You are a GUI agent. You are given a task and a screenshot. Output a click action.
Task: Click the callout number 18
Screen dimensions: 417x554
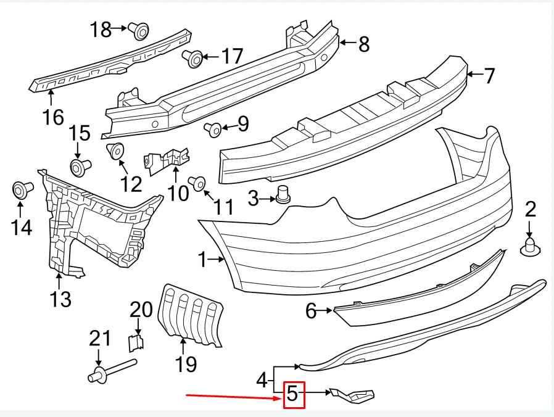pyautogui.click(x=101, y=28)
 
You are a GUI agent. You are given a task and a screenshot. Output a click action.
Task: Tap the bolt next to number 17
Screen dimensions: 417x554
pyautogui.click(x=192, y=59)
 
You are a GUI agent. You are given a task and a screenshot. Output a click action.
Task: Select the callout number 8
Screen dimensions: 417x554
pyautogui.click(x=363, y=43)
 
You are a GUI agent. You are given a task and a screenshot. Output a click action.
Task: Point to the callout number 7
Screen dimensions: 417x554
pyautogui.click(x=489, y=76)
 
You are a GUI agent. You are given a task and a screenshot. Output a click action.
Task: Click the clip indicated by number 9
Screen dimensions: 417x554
pyautogui.click(x=214, y=128)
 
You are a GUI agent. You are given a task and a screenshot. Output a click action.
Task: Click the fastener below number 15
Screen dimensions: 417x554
pyautogui.click(x=79, y=166)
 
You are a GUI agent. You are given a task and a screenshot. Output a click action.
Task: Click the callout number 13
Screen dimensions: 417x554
pyautogui.click(x=60, y=299)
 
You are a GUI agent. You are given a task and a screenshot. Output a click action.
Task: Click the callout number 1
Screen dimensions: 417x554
pyautogui.click(x=202, y=260)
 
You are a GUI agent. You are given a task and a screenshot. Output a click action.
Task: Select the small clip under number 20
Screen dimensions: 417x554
pyautogui.click(x=137, y=341)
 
